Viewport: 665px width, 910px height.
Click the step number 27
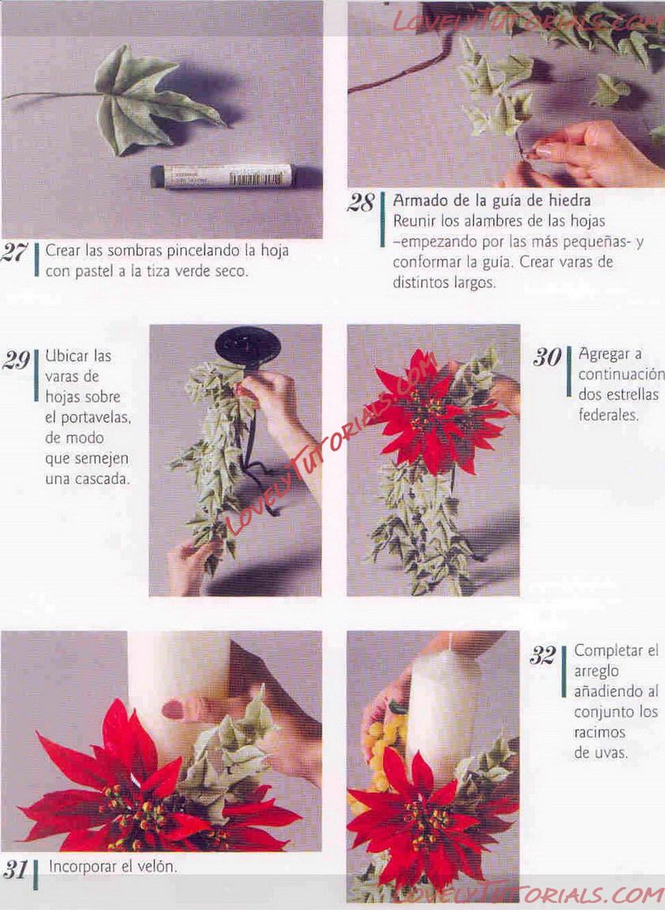point(14,253)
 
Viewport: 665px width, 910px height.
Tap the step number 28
point(361,203)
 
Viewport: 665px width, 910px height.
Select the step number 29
point(16,360)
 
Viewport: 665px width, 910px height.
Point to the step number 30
point(547,357)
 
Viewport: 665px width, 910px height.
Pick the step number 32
point(543,656)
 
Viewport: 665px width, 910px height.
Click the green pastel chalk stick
point(222,176)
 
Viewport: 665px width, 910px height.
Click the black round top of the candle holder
point(248,347)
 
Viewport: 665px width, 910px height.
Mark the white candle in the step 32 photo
point(443,714)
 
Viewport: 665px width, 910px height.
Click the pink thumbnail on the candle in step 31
point(173,709)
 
